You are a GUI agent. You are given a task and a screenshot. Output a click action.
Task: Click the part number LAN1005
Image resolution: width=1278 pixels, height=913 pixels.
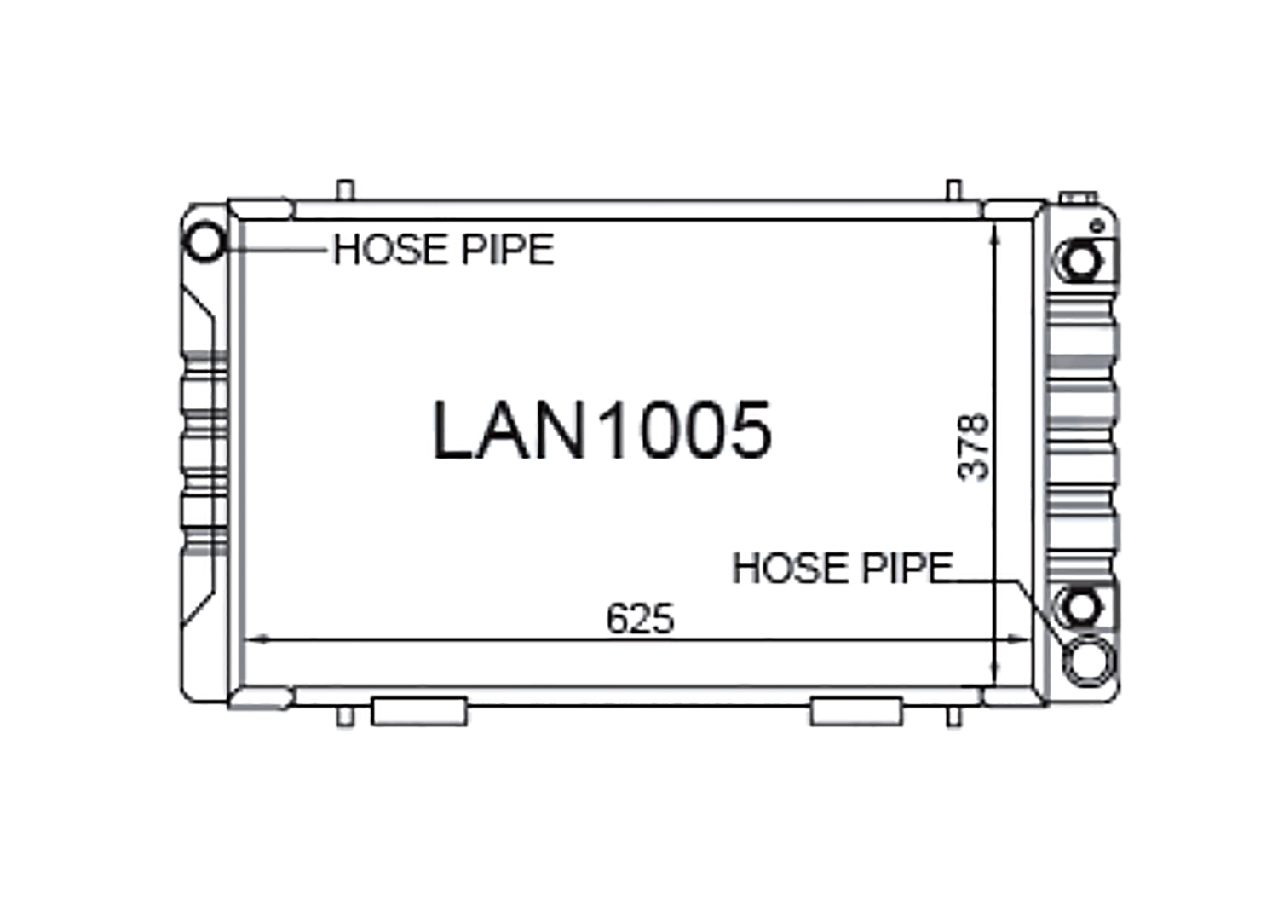tap(602, 430)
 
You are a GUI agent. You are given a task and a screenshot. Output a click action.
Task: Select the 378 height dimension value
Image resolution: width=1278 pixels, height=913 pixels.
tap(974, 448)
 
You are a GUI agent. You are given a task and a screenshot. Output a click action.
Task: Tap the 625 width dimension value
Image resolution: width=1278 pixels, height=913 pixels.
tap(640, 619)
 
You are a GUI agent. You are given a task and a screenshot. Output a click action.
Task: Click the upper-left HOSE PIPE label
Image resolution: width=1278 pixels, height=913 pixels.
tap(443, 250)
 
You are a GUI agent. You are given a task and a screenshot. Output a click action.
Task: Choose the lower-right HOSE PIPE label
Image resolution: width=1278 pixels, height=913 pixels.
tap(842, 569)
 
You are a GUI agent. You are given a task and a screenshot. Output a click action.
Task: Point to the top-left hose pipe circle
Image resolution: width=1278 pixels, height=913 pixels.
tap(205, 241)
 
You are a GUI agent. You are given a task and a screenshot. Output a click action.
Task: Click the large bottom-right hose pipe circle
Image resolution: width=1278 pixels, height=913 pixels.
tap(1089, 660)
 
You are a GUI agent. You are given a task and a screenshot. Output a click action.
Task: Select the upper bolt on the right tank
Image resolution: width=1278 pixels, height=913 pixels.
tap(1081, 260)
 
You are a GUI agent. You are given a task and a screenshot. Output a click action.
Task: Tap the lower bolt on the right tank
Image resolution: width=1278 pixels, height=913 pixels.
tap(1081, 607)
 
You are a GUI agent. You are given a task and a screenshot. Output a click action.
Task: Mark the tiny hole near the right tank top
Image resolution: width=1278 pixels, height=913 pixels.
tap(1097, 226)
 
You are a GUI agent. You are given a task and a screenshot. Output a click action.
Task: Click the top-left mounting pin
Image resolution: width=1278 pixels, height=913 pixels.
tap(344, 189)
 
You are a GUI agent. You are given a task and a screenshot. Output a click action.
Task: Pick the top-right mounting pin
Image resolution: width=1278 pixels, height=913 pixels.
tap(954, 189)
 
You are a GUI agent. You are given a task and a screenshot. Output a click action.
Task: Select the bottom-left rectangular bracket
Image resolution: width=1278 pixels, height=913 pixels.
tap(419, 712)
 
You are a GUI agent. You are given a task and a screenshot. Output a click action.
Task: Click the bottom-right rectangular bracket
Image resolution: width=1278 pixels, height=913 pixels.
tap(855, 712)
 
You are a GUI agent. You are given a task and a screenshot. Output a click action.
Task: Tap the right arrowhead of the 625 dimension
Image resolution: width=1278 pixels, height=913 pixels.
tap(1018, 639)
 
